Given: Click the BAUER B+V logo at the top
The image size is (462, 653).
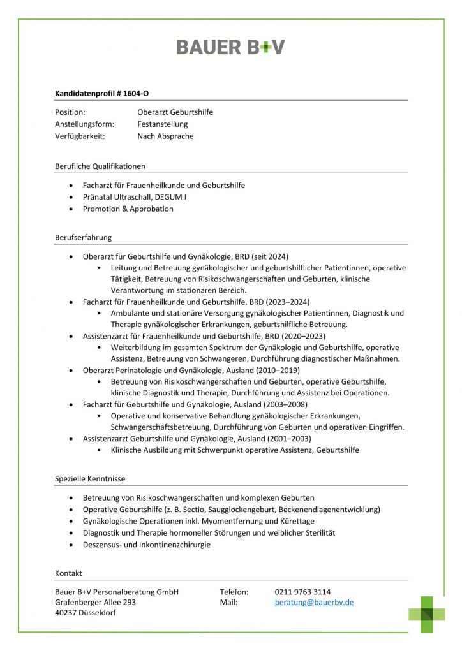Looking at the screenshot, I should coord(230,47).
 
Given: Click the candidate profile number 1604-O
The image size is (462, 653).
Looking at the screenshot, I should coord(136,93).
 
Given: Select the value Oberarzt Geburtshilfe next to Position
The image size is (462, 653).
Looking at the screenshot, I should coord(175,112).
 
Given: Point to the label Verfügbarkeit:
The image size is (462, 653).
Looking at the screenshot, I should coord(80,136).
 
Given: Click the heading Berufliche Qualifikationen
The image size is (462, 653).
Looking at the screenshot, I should coord(100,166).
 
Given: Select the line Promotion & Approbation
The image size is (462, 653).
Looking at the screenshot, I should coord(128,209).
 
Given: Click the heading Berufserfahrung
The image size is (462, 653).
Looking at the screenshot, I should coord(84,237).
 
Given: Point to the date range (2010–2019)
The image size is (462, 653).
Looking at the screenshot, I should coord(275,370).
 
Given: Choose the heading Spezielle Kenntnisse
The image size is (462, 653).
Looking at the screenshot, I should coord(90,478).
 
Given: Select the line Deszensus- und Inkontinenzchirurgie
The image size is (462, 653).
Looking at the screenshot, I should coord(146,545).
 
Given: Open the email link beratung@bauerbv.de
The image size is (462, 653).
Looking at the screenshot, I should coord(314,602).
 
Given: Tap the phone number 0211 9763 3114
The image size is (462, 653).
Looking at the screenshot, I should coord(302,591).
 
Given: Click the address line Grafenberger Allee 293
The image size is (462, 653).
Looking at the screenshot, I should coord(96,602).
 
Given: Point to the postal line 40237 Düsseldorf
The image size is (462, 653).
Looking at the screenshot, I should coord(86,613).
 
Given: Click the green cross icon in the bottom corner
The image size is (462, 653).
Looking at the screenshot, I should coord(427,613).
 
